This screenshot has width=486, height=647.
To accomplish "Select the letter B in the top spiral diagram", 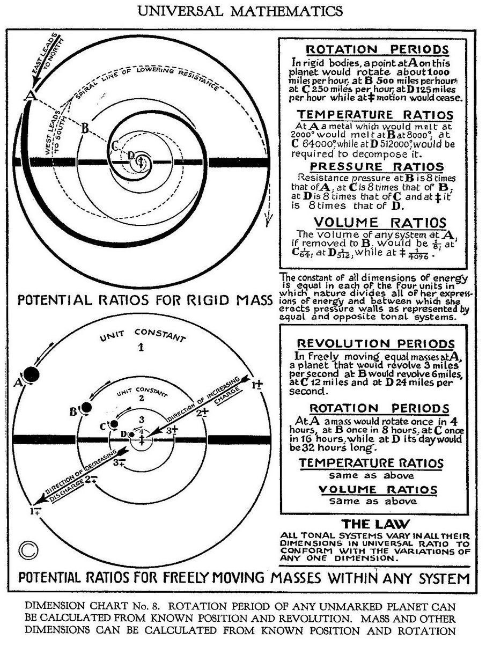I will (x=84, y=128).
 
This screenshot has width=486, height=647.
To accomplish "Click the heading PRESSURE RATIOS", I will (x=371, y=166).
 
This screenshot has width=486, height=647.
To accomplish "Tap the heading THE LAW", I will (x=375, y=524).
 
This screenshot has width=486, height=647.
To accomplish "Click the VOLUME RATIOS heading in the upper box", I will (x=379, y=222).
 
